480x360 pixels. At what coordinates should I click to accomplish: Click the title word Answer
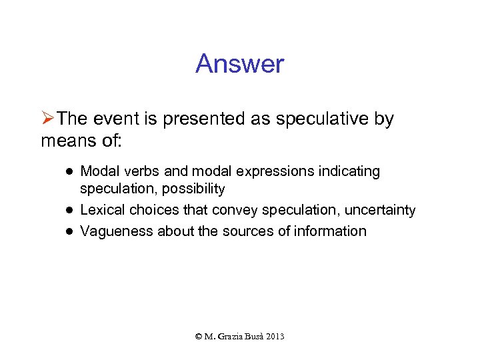239,65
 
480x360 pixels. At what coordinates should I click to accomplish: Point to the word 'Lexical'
102,210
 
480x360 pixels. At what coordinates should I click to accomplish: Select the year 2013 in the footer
274,337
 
